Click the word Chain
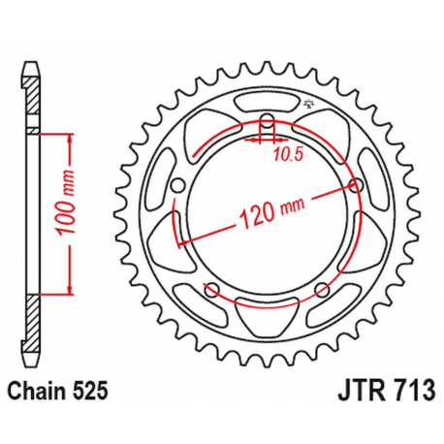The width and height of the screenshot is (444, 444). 36,393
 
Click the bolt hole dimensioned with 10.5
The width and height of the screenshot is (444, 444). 269,123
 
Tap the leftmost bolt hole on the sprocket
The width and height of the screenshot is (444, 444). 177,187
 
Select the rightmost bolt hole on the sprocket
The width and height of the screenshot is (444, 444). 358,185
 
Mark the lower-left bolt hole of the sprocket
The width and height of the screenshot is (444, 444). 213,288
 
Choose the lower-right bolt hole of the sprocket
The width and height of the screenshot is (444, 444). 324,288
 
